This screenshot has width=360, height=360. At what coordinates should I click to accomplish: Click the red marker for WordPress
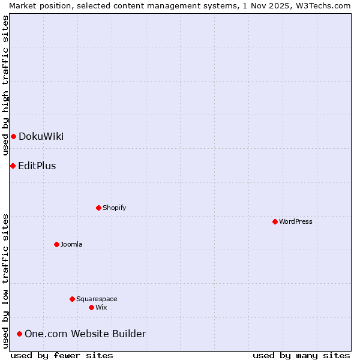click(x=275, y=221)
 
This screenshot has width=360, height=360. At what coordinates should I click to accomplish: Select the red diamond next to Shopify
click(x=98, y=208)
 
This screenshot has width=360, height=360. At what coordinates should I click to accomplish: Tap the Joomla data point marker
click(x=56, y=244)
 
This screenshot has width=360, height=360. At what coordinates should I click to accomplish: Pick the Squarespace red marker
click(x=72, y=299)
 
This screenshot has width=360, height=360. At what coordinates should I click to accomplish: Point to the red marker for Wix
click(x=91, y=307)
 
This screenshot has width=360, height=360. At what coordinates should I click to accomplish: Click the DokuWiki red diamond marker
click(x=13, y=136)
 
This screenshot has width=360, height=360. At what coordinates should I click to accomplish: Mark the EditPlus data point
click(x=13, y=166)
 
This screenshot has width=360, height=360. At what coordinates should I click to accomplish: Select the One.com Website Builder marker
click(x=20, y=334)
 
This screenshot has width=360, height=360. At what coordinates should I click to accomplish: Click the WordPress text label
click(x=296, y=221)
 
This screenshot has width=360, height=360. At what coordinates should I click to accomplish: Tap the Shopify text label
click(x=114, y=208)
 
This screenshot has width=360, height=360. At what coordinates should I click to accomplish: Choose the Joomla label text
click(x=71, y=244)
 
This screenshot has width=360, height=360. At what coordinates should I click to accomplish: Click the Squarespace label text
click(x=97, y=299)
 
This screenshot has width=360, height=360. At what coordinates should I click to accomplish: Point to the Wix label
click(x=101, y=307)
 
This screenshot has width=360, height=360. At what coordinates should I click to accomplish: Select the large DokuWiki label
click(x=41, y=136)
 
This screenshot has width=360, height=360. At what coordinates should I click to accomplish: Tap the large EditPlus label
click(x=37, y=166)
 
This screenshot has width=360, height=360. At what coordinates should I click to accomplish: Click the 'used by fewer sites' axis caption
click(x=62, y=355)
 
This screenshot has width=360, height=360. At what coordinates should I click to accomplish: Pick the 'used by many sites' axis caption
click(x=301, y=355)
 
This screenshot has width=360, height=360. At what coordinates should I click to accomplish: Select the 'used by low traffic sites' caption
click(x=5, y=281)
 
